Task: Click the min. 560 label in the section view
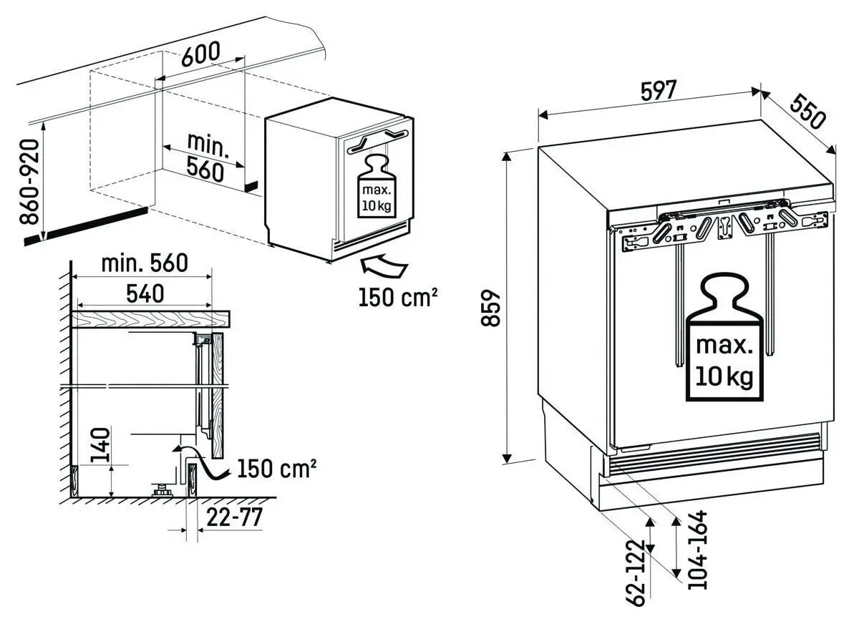tap(145, 264)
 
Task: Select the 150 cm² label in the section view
tap(278, 469)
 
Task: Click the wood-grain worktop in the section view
tap(150, 319)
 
